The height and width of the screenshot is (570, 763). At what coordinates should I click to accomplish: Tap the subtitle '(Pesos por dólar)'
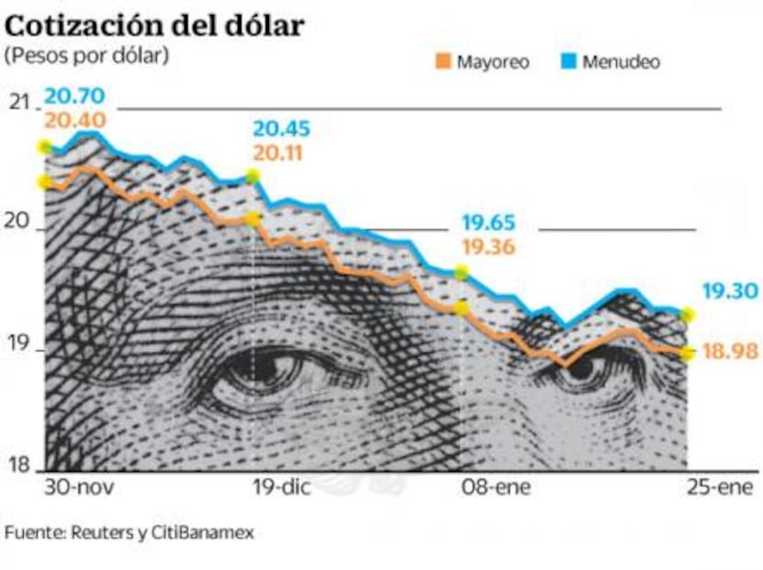(87, 56)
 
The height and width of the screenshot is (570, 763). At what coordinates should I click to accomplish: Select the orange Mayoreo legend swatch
(442, 63)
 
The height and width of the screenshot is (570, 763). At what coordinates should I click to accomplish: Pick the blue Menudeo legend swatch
(567, 63)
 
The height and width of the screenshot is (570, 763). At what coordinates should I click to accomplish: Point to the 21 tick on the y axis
(18, 102)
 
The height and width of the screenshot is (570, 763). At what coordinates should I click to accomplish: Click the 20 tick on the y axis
(18, 225)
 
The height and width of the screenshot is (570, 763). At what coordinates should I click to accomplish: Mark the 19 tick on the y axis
(18, 350)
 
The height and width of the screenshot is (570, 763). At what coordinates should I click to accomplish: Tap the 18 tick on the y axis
(18, 466)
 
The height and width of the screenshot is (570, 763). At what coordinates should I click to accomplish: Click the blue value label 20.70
(74, 94)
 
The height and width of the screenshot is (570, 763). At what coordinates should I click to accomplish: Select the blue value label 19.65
(488, 222)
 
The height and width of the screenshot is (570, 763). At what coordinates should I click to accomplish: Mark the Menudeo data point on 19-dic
(252, 177)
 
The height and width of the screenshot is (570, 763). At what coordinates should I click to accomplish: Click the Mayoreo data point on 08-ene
(462, 307)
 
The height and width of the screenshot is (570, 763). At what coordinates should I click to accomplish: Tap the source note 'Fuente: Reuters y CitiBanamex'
(129, 532)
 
